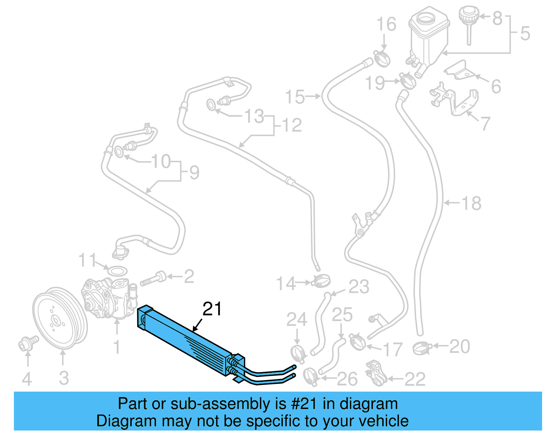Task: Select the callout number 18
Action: tap(472, 203)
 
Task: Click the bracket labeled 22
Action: tap(376, 374)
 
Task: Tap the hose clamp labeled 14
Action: tap(321, 281)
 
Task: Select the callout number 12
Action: tap(292, 125)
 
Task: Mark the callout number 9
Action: tap(194, 172)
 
